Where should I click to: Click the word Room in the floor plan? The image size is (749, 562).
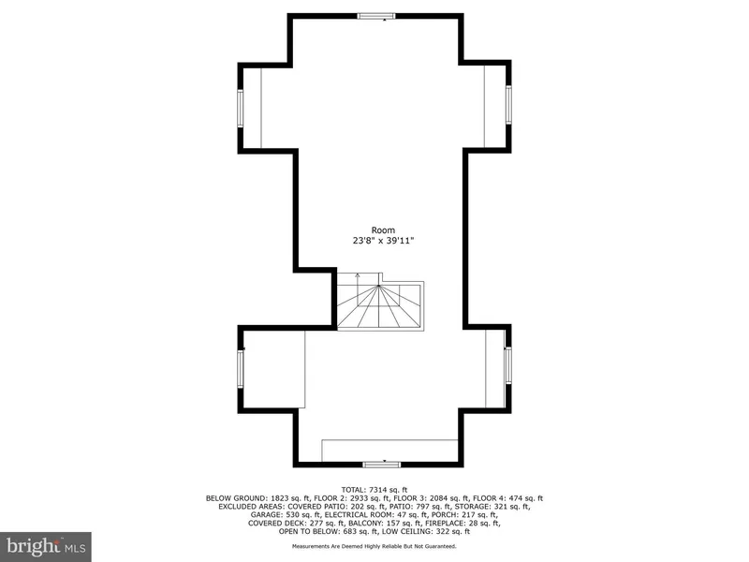click(x=382, y=229)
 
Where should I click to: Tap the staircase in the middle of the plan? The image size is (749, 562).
click(x=380, y=302)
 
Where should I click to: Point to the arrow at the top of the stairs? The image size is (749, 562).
click(x=357, y=276)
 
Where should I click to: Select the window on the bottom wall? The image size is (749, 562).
click(x=381, y=464)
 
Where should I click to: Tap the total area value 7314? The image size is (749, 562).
click(x=374, y=490)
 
